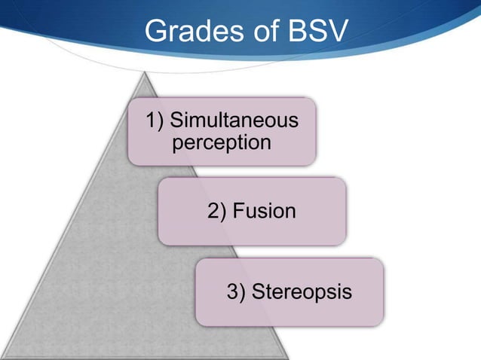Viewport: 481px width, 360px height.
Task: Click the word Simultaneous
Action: click(233, 120)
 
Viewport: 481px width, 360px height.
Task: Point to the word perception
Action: click(221, 142)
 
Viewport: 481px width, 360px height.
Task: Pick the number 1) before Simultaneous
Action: click(155, 120)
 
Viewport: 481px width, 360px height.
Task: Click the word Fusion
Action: click(264, 212)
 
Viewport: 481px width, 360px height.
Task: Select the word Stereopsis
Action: click(301, 291)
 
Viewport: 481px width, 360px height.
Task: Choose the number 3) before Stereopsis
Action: click(237, 291)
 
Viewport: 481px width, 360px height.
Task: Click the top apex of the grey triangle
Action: click(149, 72)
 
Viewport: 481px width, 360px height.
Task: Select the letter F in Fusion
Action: click(238, 212)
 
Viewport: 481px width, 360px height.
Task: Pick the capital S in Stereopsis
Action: click(257, 291)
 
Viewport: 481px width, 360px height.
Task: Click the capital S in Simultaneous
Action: click(176, 120)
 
